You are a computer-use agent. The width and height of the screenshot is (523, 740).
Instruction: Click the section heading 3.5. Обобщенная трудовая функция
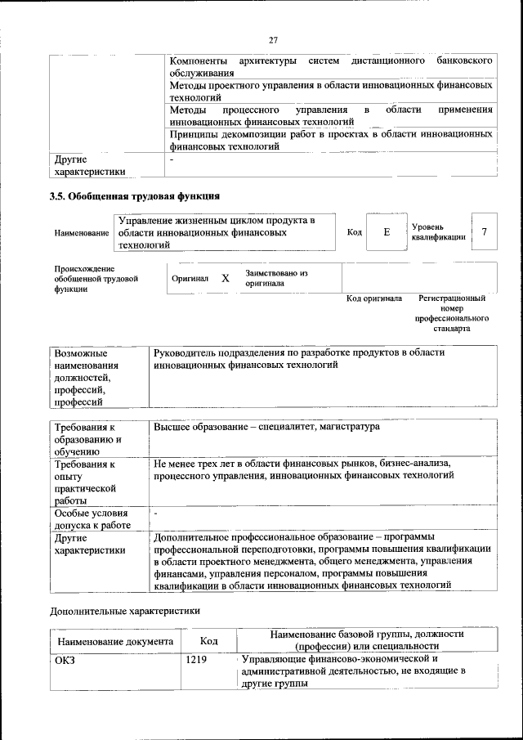coord(135,196)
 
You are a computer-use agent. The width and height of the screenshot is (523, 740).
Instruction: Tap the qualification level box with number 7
coord(484,232)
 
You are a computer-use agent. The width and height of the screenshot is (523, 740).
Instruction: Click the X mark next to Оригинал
coord(226,278)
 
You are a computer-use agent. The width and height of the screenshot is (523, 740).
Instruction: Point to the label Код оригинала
coord(374,298)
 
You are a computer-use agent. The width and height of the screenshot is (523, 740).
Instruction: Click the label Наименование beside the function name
coord(82,233)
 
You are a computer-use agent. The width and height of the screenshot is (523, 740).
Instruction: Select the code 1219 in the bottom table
coord(196,659)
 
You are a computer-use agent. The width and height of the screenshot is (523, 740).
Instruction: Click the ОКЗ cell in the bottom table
coord(65,659)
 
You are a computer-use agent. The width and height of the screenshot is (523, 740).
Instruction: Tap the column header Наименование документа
coord(115,641)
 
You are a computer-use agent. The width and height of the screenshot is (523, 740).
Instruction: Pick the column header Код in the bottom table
coord(208,641)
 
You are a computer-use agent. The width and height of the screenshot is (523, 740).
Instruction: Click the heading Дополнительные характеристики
coord(125,610)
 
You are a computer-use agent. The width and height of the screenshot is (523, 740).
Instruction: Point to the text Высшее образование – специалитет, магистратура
coord(266,427)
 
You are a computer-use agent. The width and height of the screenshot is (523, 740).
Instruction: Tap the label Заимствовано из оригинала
coord(276,278)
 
